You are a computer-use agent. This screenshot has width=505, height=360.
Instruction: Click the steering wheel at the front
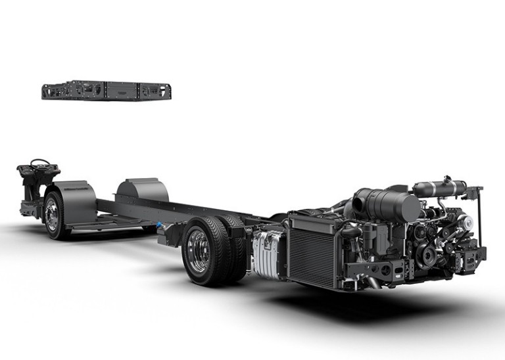coord(40,162)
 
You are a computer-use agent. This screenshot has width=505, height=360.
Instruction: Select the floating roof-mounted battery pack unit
coord(106,90)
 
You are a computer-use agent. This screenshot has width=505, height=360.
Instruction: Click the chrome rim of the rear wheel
coord(198,250)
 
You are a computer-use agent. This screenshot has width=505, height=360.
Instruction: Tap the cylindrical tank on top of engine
coord(439,187)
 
